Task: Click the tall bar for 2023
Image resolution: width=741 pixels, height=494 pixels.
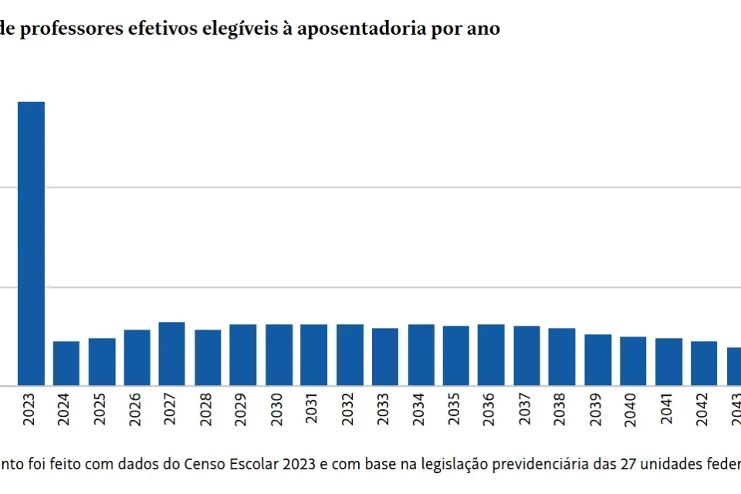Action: click(x=31, y=243)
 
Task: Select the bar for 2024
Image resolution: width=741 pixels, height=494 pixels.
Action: click(x=66, y=364)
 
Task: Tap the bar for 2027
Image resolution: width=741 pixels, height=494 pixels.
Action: click(x=171, y=354)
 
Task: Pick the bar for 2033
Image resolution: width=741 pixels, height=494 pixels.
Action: click(x=385, y=357)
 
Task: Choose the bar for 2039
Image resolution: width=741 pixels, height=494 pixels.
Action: click(x=597, y=360)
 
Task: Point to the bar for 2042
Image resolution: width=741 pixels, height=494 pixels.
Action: click(x=704, y=364)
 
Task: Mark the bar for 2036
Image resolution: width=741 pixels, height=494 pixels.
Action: click(x=491, y=355)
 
